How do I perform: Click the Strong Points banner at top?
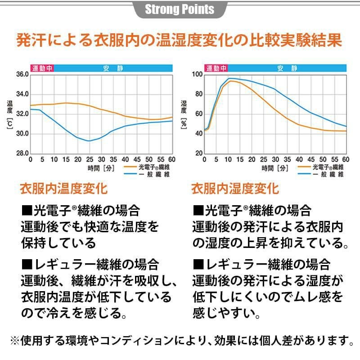click(180, 9)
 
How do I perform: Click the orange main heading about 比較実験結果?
click(180, 40)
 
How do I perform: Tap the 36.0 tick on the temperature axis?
click(22, 74)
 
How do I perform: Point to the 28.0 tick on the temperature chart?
click(22, 153)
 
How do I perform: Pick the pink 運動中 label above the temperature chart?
click(42, 68)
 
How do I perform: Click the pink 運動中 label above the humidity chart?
click(216, 68)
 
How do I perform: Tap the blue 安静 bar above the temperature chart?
click(113, 68)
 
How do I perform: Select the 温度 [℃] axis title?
click(9, 115)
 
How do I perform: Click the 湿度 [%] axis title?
click(184, 115)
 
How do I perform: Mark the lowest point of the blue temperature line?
click(89, 141)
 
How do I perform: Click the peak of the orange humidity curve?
click(233, 81)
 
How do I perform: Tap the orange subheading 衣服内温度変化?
click(64, 188)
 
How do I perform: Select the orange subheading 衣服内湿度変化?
click(235, 188)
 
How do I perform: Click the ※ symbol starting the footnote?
click(15, 338)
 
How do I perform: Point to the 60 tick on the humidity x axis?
click(346, 160)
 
